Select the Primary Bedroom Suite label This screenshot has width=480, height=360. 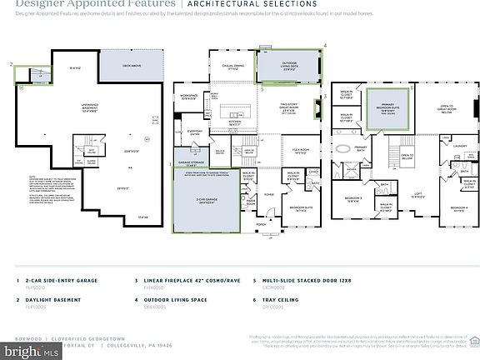pos(387,107)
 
